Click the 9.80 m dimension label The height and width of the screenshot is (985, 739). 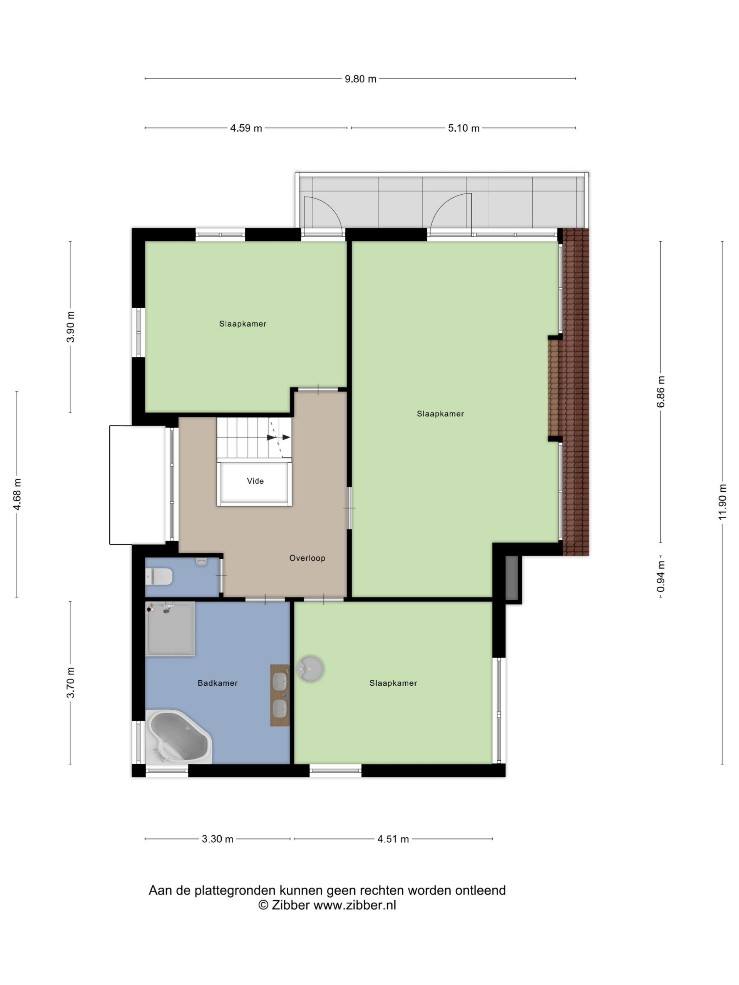pos(360,79)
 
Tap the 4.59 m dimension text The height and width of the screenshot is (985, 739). pos(246,128)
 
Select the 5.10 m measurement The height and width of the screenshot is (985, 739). pos(464,128)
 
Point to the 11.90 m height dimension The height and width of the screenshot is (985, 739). pos(722,502)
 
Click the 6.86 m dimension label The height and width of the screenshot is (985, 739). pos(660,391)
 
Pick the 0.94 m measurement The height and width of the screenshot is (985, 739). pos(660,577)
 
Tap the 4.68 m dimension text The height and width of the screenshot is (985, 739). pos(17,495)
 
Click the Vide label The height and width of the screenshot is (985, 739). pos(255,481)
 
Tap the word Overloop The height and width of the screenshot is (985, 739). pos(308,558)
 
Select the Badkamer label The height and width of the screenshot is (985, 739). pos(217,683)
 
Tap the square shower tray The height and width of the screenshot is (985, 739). pos(170,629)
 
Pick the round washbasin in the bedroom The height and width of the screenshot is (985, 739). pos(310,669)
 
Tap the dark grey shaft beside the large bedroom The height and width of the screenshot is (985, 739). pos(512,577)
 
